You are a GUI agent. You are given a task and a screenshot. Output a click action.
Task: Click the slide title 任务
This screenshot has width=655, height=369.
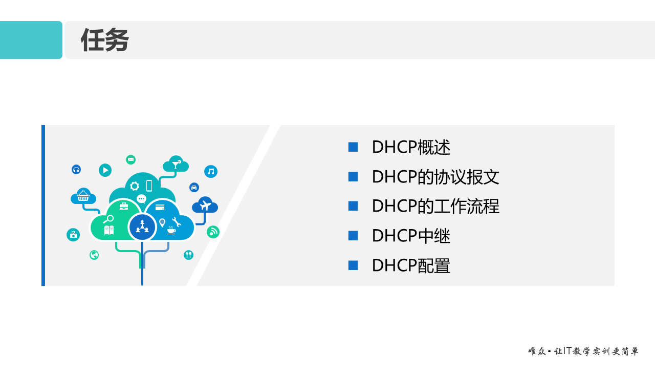click(104, 40)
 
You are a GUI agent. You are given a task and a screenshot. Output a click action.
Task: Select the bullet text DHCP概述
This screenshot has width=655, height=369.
click(411, 148)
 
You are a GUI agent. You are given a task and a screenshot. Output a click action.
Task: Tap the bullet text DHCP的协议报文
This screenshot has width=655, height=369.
click(435, 177)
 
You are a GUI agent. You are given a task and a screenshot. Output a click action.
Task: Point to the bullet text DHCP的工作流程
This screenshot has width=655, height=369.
click(435, 206)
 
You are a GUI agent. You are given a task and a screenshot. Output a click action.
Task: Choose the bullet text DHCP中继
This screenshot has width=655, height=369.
click(411, 236)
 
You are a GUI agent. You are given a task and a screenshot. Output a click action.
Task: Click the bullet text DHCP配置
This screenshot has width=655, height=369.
click(411, 265)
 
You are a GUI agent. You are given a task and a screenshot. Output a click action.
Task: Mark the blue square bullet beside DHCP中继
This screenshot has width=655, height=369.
click(353, 236)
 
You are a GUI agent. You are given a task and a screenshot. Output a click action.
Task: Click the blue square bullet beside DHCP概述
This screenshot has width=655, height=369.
click(353, 147)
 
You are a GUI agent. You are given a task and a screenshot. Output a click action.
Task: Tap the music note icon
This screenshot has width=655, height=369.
click(211, 172)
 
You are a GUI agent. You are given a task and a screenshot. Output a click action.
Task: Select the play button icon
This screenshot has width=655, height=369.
click(105, 170)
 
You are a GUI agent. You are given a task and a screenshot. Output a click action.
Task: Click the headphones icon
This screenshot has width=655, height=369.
click(76, 169)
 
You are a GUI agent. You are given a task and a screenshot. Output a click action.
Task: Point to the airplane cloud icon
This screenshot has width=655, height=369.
click(205, 206)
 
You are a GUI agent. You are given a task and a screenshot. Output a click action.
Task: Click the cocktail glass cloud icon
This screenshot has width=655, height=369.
click(176, 165)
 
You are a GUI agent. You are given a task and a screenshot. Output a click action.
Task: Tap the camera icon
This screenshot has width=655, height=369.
click(73, 235)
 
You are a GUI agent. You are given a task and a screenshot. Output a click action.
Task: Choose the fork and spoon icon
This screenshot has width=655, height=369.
click(188, 255)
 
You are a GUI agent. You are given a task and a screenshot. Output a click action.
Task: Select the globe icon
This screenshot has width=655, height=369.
click(94, 255)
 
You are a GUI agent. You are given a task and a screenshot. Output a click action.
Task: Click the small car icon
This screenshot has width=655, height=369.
click(194, 188)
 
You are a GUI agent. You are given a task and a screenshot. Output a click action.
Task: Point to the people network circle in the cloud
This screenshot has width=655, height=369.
click(142, 228)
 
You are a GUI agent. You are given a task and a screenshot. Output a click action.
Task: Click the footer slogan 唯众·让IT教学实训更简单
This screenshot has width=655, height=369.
click(583, 352)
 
